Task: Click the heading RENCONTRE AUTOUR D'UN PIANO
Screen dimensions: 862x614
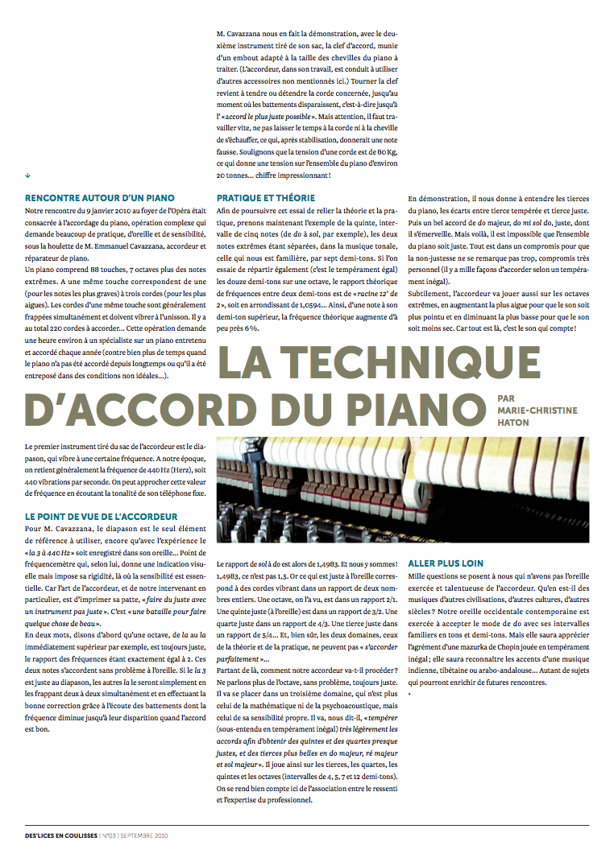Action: tap(100, 198)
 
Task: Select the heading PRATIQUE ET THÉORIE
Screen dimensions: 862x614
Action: tap(266, 198)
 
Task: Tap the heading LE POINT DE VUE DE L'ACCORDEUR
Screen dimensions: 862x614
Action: tap(102, 516)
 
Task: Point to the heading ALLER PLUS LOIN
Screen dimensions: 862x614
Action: tap(446, 563)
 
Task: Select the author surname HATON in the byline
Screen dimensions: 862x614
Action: tap(514, 422)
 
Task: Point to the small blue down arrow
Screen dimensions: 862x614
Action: tap(28, 175)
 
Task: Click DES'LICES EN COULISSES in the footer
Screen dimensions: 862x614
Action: tap(60, 835)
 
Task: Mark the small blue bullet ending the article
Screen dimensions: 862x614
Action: tap(410, 693)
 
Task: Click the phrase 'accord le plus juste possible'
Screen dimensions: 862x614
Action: tap(267, 117)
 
